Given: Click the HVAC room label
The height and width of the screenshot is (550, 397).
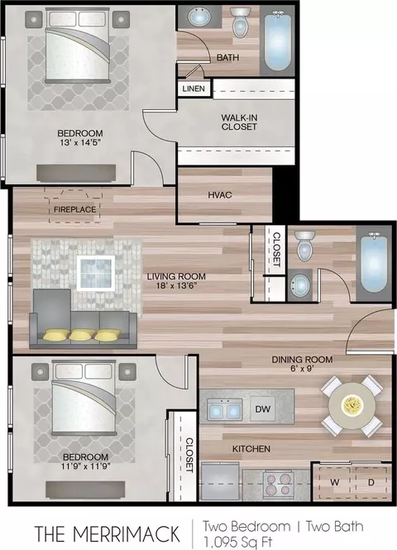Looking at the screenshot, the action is point(220,195).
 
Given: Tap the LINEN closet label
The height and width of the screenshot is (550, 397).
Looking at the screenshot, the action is point(194,88).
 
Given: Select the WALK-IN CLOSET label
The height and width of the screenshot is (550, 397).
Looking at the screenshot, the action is point(239,122).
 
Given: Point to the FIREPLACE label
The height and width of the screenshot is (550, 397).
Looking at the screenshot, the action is point(74,209).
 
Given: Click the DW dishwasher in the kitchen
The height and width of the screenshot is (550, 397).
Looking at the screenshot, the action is point(263,409).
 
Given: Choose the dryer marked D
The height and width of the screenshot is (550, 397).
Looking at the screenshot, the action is point(371,482).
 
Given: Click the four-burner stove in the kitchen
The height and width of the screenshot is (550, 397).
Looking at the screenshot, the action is point(279,485).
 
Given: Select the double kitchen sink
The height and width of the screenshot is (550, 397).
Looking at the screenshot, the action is point(225,409).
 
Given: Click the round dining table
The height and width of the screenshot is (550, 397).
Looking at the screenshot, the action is point(352,406).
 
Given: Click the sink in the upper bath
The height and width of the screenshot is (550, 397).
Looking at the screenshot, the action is point(199,17).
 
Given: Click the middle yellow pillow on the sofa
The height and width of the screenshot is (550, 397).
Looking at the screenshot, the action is point(82,335).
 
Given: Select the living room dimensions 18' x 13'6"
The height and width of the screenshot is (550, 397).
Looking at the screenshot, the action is point(176,285).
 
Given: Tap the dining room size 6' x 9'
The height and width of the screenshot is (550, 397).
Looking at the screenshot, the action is point(302,369).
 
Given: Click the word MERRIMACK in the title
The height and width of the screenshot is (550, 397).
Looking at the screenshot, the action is point(127,533).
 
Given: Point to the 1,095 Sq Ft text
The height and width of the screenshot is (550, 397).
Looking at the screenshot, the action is point(237,542).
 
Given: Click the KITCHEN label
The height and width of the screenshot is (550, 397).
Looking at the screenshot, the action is point(251,448).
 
